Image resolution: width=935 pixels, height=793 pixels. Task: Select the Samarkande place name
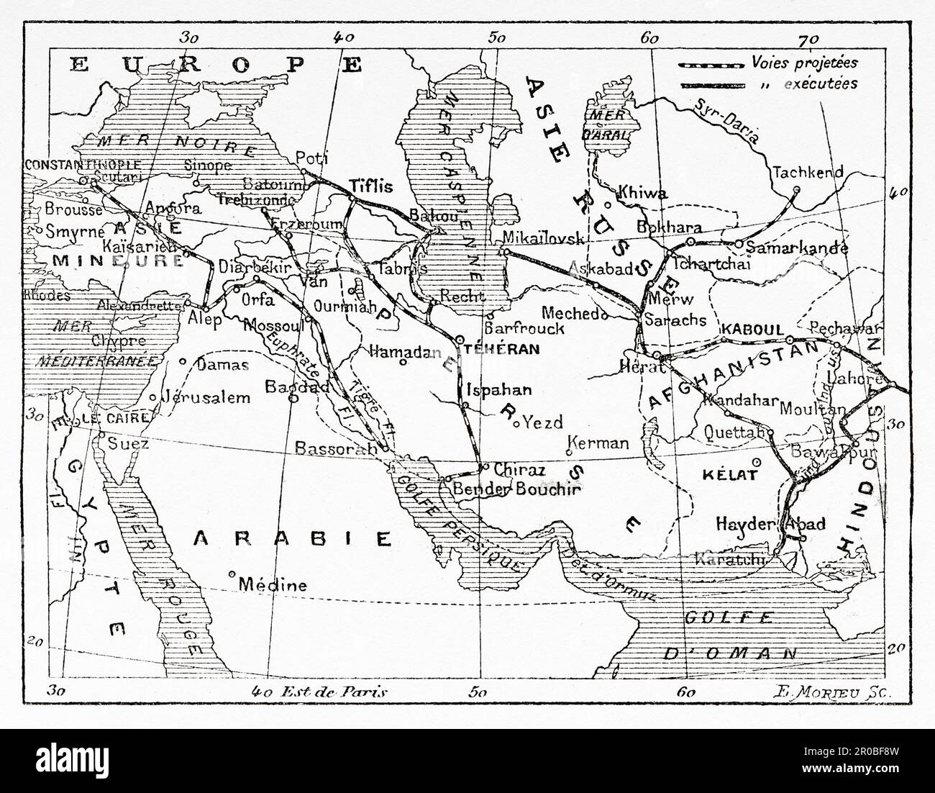[797, 248]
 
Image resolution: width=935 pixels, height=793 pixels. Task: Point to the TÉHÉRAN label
[511, 349]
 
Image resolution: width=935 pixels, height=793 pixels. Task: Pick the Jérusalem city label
[205, 397]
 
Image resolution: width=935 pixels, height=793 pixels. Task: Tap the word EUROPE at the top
[216, 65]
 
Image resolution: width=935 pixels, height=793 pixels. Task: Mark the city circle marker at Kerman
[569, 452]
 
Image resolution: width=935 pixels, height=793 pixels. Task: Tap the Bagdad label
[298, 386]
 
